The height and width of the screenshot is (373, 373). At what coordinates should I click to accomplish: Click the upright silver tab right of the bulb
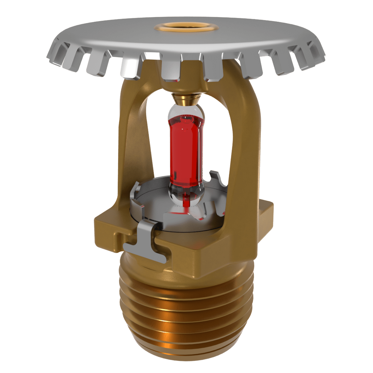218,179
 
